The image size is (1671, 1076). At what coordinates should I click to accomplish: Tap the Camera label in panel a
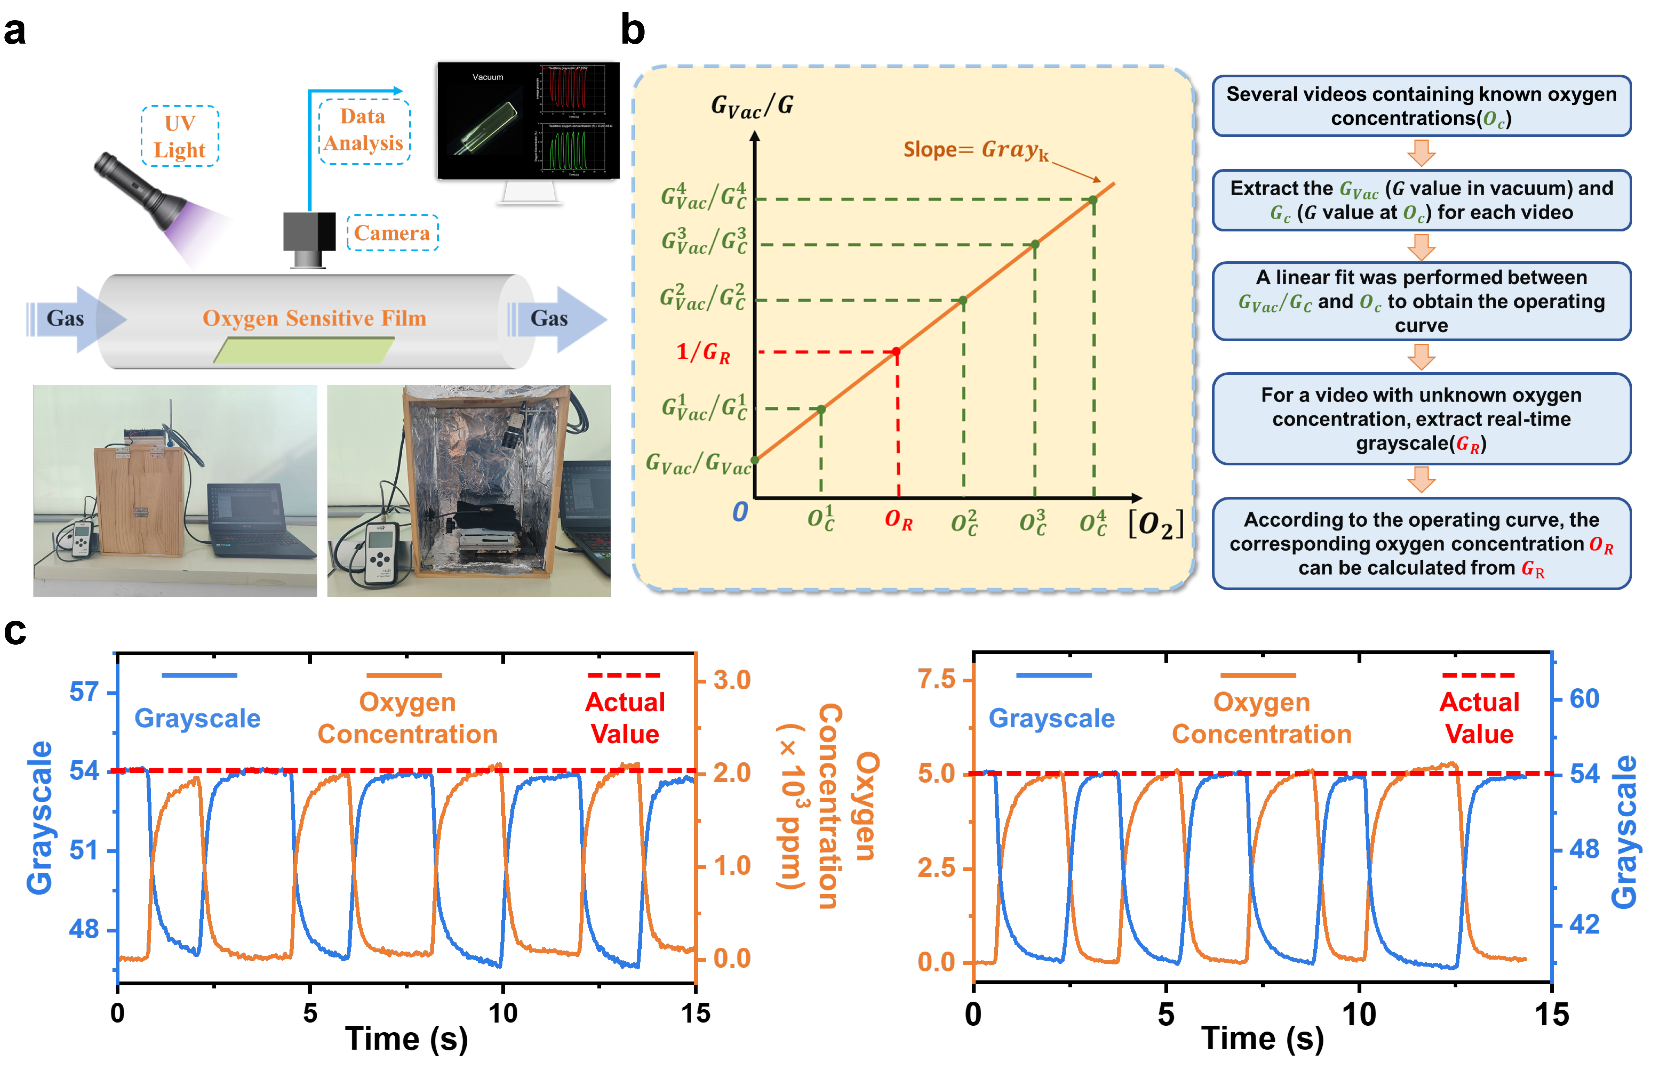[x=392, y=233]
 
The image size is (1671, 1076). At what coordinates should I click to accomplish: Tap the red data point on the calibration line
[x=897, y=352]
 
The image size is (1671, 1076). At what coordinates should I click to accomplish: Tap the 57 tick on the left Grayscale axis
[x=84, y=693]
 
